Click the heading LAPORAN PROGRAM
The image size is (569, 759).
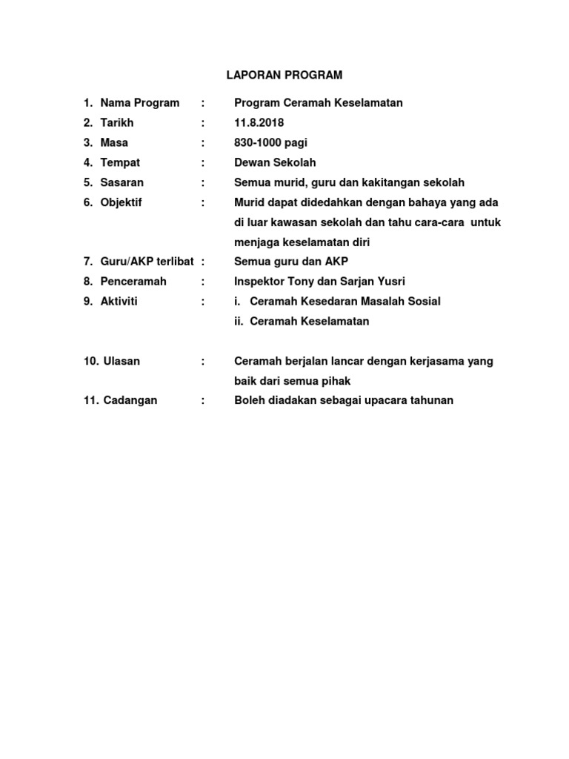point(284,75)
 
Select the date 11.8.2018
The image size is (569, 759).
point(259,122)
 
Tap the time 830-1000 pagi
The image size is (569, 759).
point(271,142)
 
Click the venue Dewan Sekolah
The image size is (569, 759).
point(275,162)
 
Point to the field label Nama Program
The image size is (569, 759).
point(140,103)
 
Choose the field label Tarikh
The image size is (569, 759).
point(117,122)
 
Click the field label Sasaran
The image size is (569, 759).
point(122,182)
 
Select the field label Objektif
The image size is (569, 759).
point(122,202)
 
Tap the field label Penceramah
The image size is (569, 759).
point(133,282)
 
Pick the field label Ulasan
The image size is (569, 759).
point(122,361)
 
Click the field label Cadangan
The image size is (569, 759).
point(130,400)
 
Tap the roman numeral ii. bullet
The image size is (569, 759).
point(239,322)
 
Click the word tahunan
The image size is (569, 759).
point(430,400)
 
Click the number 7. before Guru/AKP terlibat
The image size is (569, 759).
point(87,262)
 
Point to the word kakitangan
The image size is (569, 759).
point(393,182)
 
